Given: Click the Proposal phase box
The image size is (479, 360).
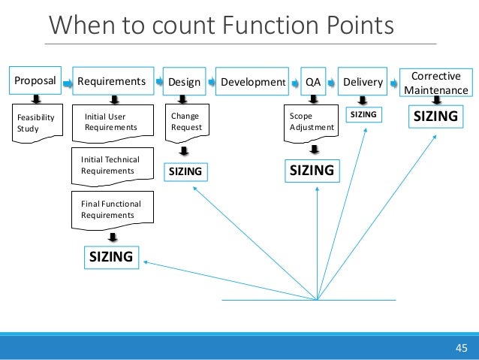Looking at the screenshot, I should point(34,81).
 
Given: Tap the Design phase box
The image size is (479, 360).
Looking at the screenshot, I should point(184,81).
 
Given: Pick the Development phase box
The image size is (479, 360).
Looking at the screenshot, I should point(252,81).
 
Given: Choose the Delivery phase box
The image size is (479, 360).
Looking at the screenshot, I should point(362,81).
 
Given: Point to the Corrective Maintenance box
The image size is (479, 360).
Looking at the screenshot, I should point(435,83).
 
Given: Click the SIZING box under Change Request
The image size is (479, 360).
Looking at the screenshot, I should point(185,172).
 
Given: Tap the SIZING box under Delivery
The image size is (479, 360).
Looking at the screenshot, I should point(363,113).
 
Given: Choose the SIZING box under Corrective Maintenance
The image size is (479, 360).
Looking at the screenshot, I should point(435,116).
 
